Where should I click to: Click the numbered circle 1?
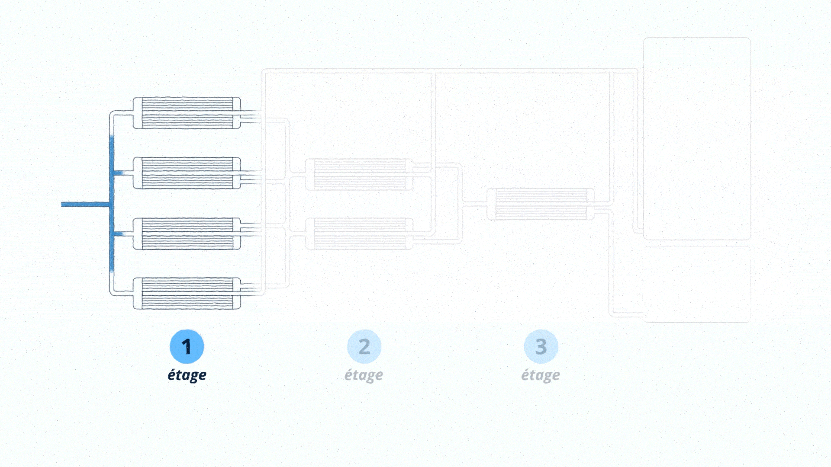[x=187, y=346]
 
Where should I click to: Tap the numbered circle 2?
[x=364, y=346]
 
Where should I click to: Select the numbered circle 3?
[x=541, y=346]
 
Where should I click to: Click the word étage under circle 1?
[x=187, y=375]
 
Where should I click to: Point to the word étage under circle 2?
[x=364, y=375]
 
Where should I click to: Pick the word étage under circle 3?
[x=541, y=375]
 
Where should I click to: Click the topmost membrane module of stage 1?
[x=187, y=113]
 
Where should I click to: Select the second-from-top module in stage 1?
[x=187, y=173]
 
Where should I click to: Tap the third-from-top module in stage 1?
[x=187, y=233]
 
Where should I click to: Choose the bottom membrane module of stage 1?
[x=187, y=293]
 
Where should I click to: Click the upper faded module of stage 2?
[x=359, y=174]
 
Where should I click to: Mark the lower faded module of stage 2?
[x=359, y=234]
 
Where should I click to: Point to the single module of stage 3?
[x=541, y=204]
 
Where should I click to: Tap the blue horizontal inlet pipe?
[x=85, y=205]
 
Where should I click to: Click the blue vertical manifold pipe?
[x=112, y=204]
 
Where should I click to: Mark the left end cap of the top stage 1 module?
[x=137, y=113]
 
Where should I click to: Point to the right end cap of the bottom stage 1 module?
[x=236, y=293]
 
